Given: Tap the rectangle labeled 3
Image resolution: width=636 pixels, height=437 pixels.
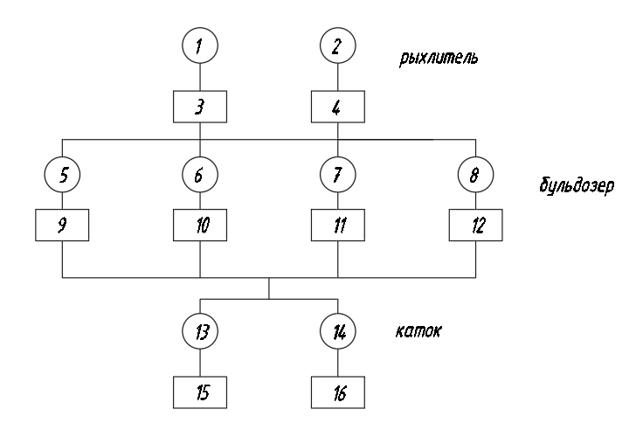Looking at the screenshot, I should coord(200,108).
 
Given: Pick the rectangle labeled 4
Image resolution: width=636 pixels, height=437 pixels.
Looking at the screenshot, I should coord(337,108).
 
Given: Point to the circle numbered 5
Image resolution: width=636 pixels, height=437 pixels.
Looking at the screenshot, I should coord(62,175).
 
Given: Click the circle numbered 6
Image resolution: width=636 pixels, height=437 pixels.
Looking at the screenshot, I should coord(200,175).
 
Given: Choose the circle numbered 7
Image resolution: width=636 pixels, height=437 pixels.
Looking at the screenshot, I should coord(337,175).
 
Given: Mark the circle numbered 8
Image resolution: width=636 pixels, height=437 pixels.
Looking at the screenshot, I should coord(475,175).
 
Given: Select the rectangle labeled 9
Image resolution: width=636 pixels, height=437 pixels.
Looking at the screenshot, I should coord(62,225).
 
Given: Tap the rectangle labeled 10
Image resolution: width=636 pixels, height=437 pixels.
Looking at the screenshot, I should coord(200,225).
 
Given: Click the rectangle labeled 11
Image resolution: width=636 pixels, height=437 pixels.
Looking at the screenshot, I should coord(337,225).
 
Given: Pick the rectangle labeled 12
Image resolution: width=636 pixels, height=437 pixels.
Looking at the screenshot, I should coord(475,225).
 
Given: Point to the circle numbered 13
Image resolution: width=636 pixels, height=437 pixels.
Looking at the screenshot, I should coord(200,333).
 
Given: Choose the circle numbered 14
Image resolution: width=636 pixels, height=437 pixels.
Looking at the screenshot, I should coord(337,333).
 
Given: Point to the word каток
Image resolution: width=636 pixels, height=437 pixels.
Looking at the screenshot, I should coord(417,333).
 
